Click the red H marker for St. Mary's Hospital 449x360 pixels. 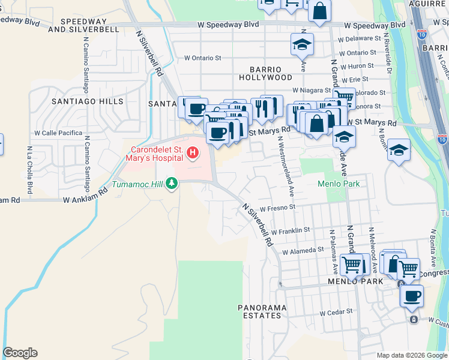193,154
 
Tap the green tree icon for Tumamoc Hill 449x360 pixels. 172,182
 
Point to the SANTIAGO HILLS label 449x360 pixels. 88,101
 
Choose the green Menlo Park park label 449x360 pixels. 339,184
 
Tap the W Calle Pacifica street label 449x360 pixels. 58,133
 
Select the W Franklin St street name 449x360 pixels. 290,230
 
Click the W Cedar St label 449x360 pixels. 335,313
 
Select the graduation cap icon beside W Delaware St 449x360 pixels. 303,44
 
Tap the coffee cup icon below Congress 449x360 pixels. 412,295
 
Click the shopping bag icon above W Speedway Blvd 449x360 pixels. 320,11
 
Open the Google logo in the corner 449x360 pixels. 20,353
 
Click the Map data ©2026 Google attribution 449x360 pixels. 412,355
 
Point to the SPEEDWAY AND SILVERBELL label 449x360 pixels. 83,29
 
